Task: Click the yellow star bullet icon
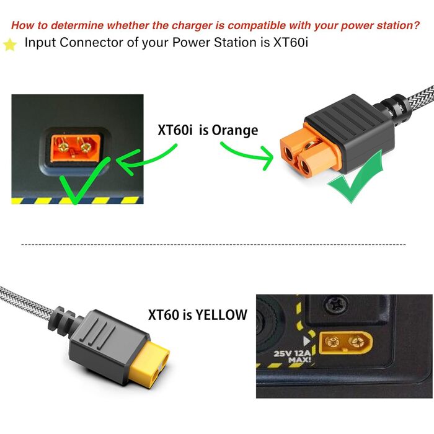[x=10, y=45]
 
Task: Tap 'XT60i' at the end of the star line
[x=291, y=42]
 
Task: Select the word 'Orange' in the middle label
[x=235, y=130]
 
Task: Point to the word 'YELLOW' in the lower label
[x=221, y=315]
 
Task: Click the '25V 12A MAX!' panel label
[x=293, y=356]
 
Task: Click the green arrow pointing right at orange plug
[x=247, y=154]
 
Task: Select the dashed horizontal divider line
[x=213, y=245]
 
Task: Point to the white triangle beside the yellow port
[x=306, y=341]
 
